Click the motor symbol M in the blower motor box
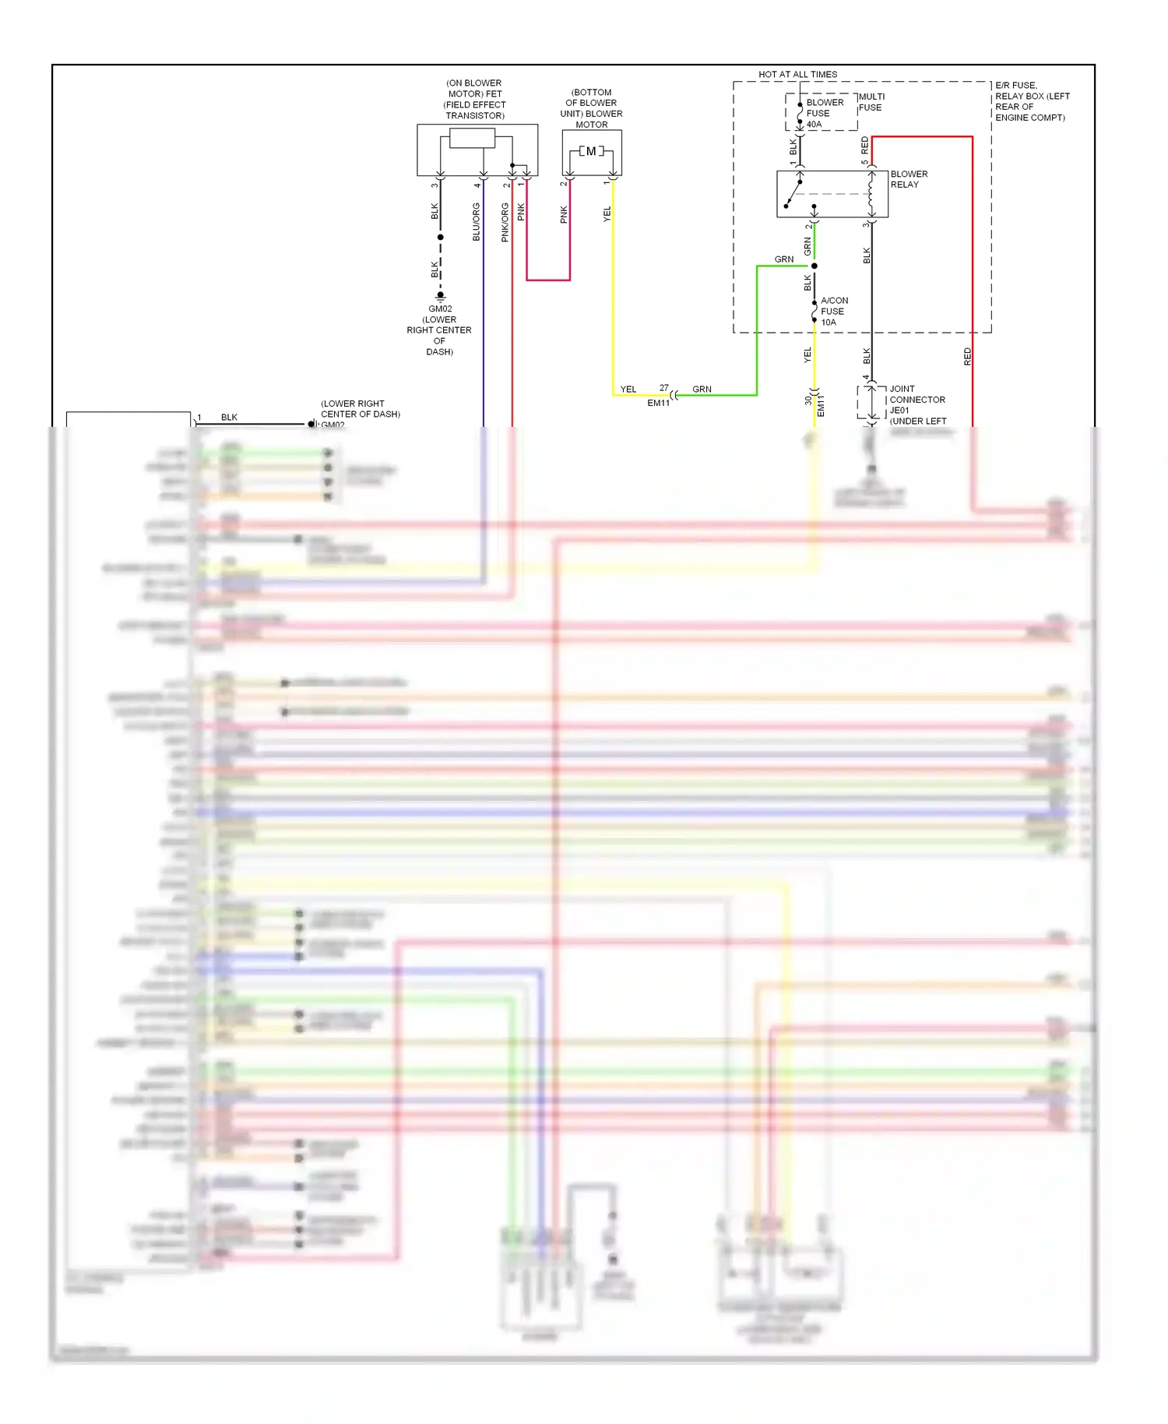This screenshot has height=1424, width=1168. [591, 151]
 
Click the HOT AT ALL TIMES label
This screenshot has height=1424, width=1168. [797, 75]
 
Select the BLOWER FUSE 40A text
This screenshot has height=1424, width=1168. [824, 113]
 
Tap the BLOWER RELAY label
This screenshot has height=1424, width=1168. [909, 179]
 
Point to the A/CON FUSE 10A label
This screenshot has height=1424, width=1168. [833, 311]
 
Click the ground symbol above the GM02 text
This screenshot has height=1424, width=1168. [440, 297]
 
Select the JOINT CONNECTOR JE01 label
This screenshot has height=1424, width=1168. [916, 400]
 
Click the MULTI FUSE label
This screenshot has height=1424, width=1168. [871, 102]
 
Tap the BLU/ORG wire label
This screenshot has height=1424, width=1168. [477, 222]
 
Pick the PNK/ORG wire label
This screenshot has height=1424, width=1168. [505, 222]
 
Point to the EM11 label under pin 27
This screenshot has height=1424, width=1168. [658, 403]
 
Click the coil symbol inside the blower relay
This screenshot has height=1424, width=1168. [871, 194]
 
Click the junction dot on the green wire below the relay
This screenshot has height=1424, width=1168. [814, 266]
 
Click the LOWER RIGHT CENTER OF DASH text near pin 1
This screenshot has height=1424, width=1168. [360, 409]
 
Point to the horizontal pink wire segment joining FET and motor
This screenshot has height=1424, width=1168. [548, 280]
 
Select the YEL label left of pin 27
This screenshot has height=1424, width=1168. [628, 389]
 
